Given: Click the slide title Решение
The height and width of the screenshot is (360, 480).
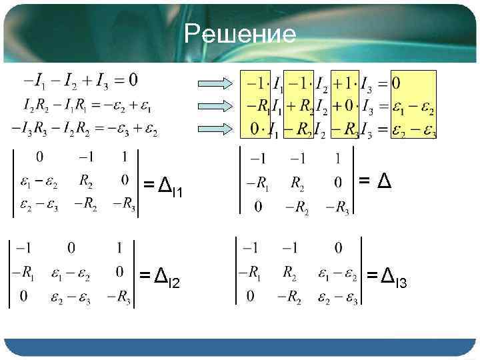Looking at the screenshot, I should (240, 33).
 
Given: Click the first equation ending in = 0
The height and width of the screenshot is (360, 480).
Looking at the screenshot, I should (81, 82).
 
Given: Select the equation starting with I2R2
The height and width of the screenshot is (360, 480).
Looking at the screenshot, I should (87, 105).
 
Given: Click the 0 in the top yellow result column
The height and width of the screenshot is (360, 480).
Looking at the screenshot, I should (396, 85).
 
